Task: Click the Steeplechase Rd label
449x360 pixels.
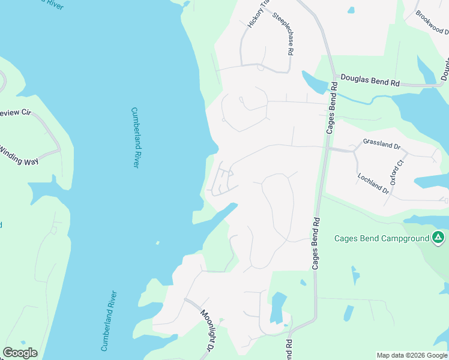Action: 283,35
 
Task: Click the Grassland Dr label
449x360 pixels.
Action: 381,145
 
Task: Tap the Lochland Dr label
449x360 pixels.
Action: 374,182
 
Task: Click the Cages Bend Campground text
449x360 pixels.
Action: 381,238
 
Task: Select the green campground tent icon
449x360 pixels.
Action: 438,238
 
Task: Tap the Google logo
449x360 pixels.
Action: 20,352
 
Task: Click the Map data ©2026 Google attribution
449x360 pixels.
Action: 412,355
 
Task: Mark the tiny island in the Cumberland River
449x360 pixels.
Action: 157,243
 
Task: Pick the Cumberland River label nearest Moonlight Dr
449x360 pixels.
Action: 108,320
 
